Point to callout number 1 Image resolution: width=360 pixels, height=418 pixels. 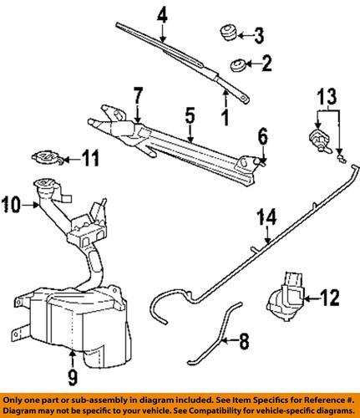224,112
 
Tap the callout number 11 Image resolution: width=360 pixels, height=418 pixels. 94,155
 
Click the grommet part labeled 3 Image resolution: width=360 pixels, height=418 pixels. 224,34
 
